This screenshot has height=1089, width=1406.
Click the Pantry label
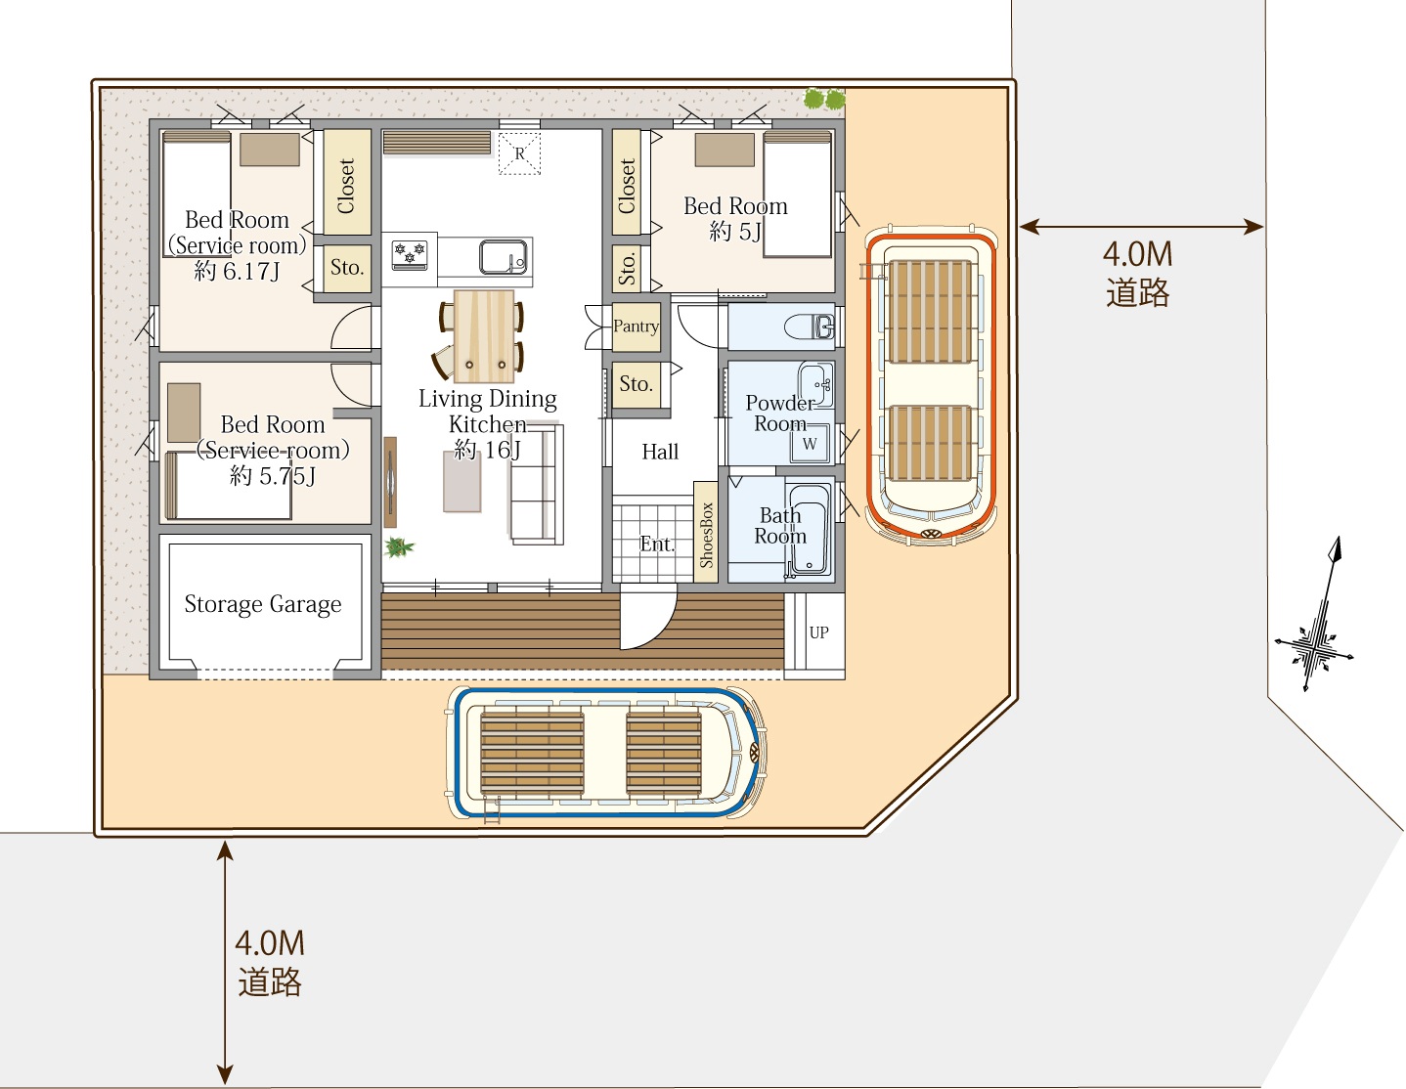tap(637, 326)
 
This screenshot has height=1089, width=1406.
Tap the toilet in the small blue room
tap(810, 327)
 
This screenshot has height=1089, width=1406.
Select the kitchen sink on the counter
tap(503, 257)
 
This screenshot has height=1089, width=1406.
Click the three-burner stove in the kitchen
tap(410, 253)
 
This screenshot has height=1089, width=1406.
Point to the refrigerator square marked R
tap(519, 153)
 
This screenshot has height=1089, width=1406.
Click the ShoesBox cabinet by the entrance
tap(705, 532)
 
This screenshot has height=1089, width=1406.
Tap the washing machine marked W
tap(809, 444)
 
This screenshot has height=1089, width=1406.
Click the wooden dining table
tap(483, 336)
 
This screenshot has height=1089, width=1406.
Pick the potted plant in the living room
tap(399, 547)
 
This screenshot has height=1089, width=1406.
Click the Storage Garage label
tap(263, 604)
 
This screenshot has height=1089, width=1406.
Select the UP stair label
tap(818, 632)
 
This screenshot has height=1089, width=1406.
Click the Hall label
tap(660, 452)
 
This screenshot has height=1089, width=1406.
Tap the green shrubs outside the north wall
tap(824, 99)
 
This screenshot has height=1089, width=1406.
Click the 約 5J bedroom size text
tap(735, 231)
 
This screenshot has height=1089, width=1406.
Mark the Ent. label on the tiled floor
tap(657, 544)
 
